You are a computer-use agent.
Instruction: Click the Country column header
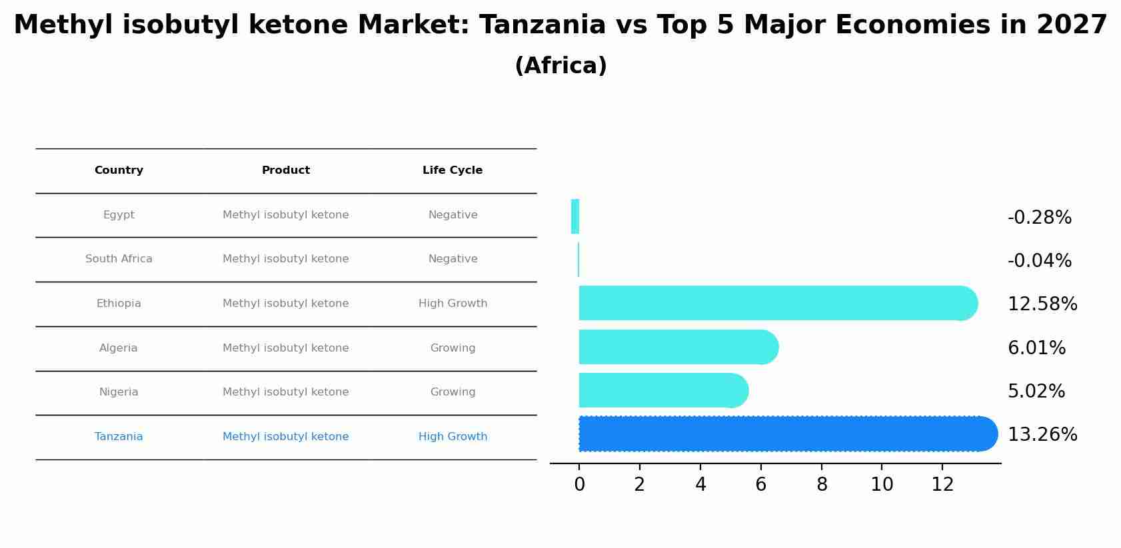(119, 170)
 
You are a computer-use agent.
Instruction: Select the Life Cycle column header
(453, 170)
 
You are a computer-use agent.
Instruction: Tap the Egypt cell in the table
(119, 215)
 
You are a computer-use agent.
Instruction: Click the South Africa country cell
(119, 259)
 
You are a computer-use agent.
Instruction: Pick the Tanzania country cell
(119, 437)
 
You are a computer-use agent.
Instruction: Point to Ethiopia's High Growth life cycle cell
(453, 304)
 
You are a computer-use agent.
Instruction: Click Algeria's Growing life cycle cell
(453, 348)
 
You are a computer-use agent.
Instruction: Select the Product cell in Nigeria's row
(285, 392)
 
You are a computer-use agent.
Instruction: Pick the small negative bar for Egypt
(575, 216)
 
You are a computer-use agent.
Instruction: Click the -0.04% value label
(1039, 261)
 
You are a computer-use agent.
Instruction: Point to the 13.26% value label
(1042, 435)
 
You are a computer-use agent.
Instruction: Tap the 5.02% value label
(1036, 392)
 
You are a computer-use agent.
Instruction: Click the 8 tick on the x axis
(822, 485)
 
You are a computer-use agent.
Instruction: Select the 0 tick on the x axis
(579, 485)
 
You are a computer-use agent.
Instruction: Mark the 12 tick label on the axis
(942, 485)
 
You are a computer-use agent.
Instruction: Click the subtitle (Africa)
(560, 66)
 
